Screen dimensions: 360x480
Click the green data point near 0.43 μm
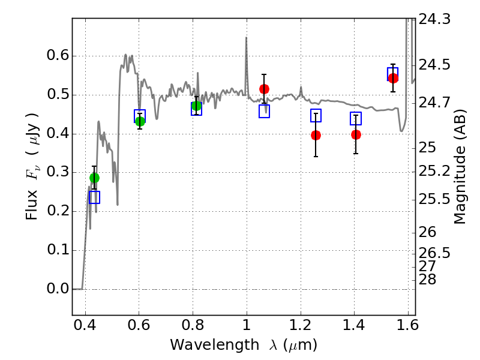[94, 178]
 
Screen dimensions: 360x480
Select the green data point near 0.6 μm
[140, 121]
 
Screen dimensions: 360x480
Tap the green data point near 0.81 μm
[196, 106]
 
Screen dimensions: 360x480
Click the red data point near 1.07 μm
[264, 89]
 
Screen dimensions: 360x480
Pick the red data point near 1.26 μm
[316, 135]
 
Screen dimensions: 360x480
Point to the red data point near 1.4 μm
[356, 134]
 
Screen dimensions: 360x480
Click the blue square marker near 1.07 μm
[264, 111]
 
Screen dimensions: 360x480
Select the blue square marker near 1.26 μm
[316, 115]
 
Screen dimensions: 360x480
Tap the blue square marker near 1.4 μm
[356, 118]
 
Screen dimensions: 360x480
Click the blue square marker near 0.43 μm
[94, 197]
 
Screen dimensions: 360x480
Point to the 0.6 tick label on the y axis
[58, 56]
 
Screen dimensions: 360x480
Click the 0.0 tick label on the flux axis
[58, 289]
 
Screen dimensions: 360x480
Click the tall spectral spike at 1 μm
[246, 38]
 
